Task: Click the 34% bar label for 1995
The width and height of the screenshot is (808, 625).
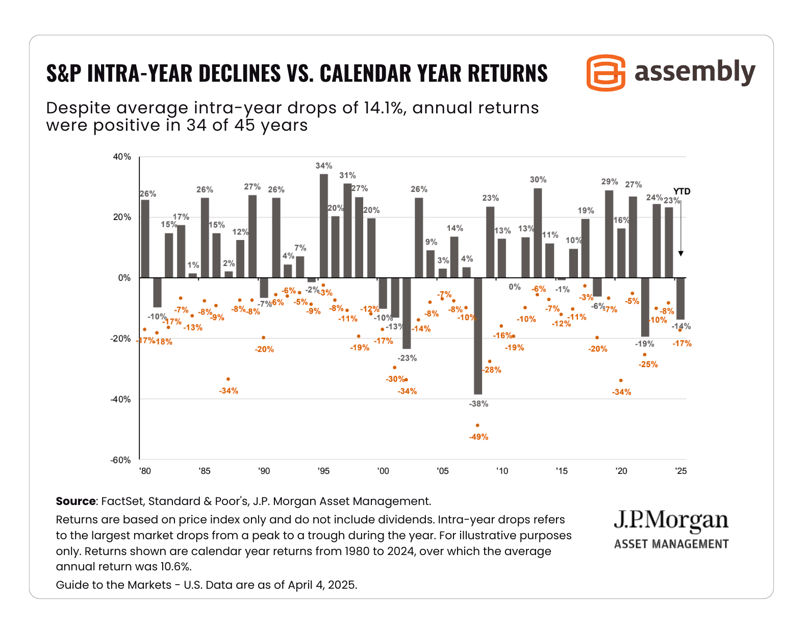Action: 324,165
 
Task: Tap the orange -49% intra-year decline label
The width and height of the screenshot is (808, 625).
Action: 478,437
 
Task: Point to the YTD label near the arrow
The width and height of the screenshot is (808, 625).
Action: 681,191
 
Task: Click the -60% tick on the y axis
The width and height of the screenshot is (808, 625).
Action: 121,460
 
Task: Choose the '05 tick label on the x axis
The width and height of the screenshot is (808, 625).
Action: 442,471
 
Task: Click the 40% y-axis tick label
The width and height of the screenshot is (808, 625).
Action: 122,157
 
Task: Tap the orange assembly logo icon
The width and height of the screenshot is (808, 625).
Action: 606,73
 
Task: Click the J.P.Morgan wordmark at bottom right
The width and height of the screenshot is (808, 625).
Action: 671,520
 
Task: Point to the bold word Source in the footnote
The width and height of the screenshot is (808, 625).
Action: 75,501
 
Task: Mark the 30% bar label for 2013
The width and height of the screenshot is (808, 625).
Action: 538,180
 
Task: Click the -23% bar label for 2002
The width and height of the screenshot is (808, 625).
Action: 407,358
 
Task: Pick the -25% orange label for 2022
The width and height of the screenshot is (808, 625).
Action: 648,365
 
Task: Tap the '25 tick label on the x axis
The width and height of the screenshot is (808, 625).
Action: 680,471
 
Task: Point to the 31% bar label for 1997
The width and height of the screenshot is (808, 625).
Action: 348,175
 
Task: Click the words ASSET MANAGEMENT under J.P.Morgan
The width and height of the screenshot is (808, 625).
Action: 671,544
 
